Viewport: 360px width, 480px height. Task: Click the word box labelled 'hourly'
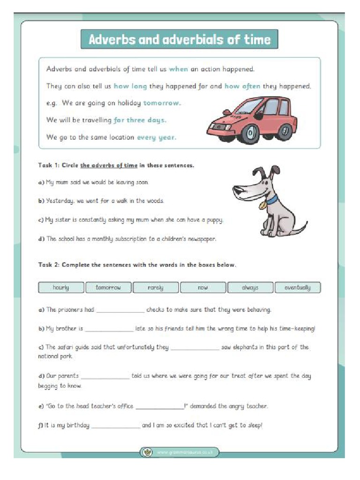pos(60,287)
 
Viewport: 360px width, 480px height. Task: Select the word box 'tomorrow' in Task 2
pos(108,287)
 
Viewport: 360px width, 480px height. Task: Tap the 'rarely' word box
pos(155,287)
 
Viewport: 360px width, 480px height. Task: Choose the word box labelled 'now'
pos(202,287)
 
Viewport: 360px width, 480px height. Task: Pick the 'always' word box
pos(250,287)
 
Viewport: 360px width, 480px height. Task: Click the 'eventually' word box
pos(298,287)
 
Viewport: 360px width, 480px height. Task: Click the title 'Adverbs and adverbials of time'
pos(180,39)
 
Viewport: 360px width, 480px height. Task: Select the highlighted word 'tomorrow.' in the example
pos(162,103)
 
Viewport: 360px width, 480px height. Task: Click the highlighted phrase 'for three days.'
pos(140,120)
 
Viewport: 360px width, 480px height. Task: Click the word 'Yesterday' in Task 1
pos(59,201)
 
